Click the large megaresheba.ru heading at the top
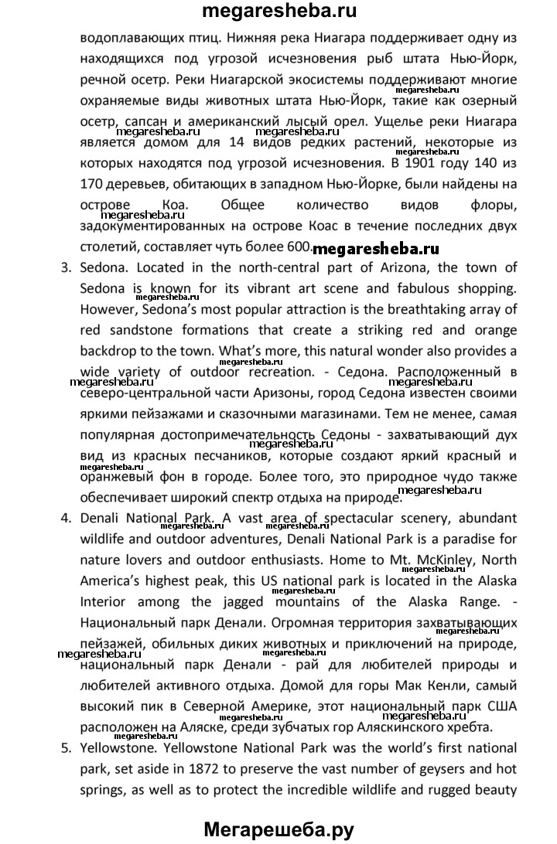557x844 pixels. coord(278,12)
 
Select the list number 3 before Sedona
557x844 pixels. coord(64,267)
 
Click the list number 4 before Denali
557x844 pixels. coord(64,518)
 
